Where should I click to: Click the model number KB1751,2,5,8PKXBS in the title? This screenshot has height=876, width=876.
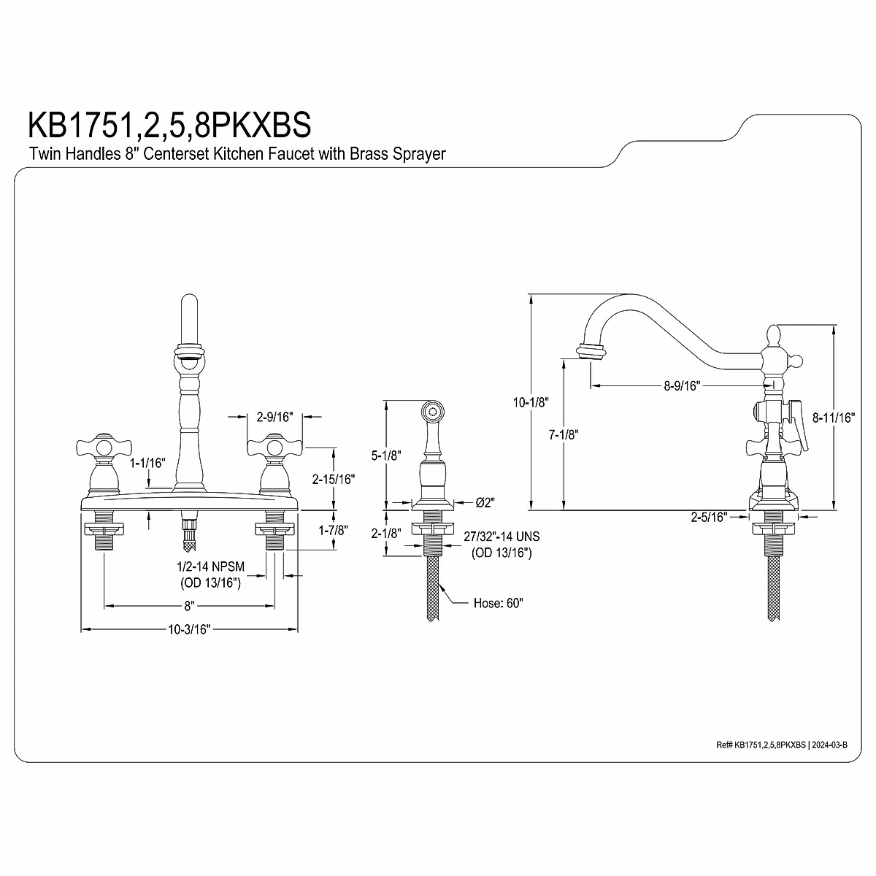pyautogui.click(x=169, y=124)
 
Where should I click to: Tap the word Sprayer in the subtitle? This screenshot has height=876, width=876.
pyautogui.click(x=417, y=154)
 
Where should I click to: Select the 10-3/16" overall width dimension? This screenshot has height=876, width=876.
pyautogui.click(x=188, y=629)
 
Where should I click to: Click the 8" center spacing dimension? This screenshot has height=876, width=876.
pyautogui.click(x=189, y=605)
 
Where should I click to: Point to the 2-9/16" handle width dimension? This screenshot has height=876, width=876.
pyautogui.click(x=275, y=417)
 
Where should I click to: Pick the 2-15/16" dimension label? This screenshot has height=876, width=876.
pyautogui.click(x=333, y=480)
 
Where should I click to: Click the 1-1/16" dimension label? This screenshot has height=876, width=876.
pyautogui.click(x=149, y=463)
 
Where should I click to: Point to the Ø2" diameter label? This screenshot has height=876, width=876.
pyautogui.click(x=485, y=502)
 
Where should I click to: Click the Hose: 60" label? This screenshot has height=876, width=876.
pyautogui.click(x=499, y=603)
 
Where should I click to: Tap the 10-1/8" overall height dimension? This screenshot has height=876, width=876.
pyautogui.click(x=531, y=402)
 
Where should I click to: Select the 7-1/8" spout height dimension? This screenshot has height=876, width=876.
pyautogui.click(x=563, y=434)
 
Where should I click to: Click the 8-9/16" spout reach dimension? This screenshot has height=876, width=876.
pyautogui.click(x=683, y=386)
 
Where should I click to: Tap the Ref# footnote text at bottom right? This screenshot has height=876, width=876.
pyautogui.click(x=781, y=745)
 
